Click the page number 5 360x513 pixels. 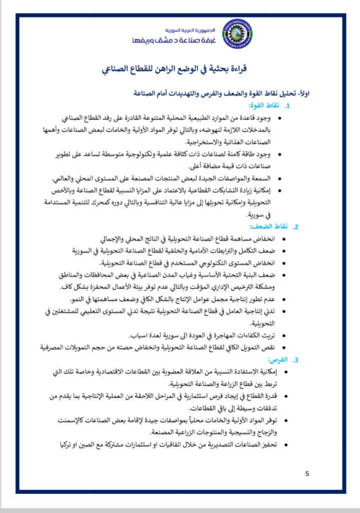click(x=307, y=474)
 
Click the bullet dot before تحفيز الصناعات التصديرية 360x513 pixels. click(x=285, y=444)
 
